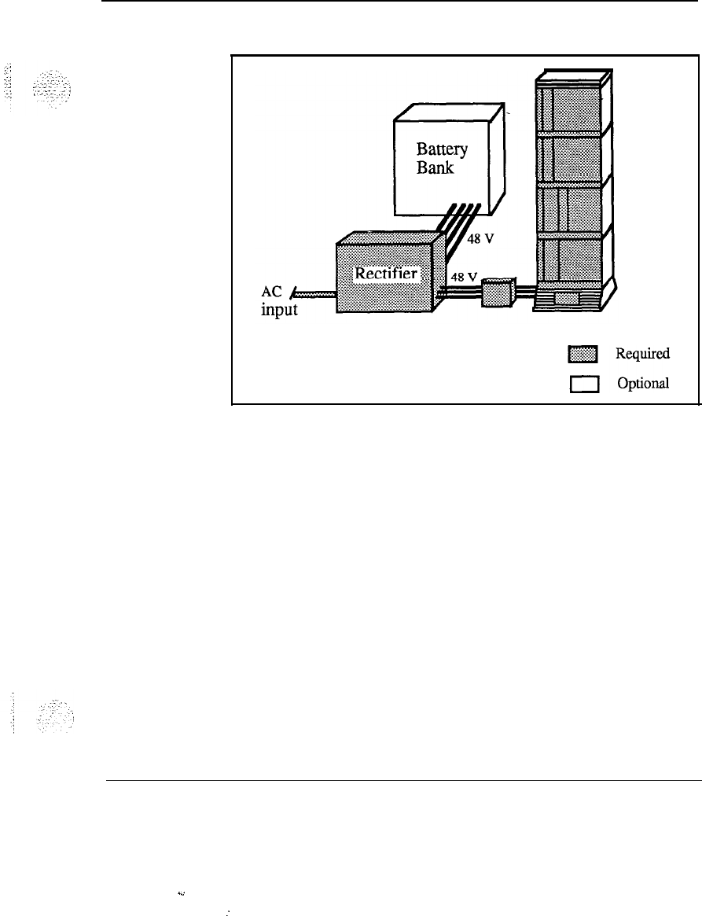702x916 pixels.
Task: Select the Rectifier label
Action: coord(388,274)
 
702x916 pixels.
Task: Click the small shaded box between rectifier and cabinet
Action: coord(496,294)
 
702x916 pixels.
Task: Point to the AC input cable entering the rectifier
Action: coord(315,292)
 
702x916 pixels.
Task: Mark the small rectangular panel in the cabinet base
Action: coord(566,298)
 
